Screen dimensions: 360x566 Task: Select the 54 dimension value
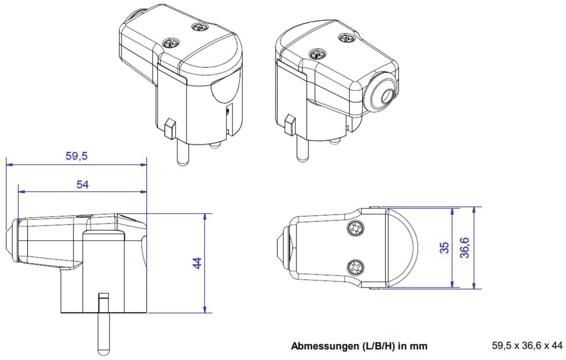click(83, 184)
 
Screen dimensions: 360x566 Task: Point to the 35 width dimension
click(444, 248)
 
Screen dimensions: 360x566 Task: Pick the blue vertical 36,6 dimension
click(465, 247)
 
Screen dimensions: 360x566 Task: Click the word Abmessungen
click(322, 346)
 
